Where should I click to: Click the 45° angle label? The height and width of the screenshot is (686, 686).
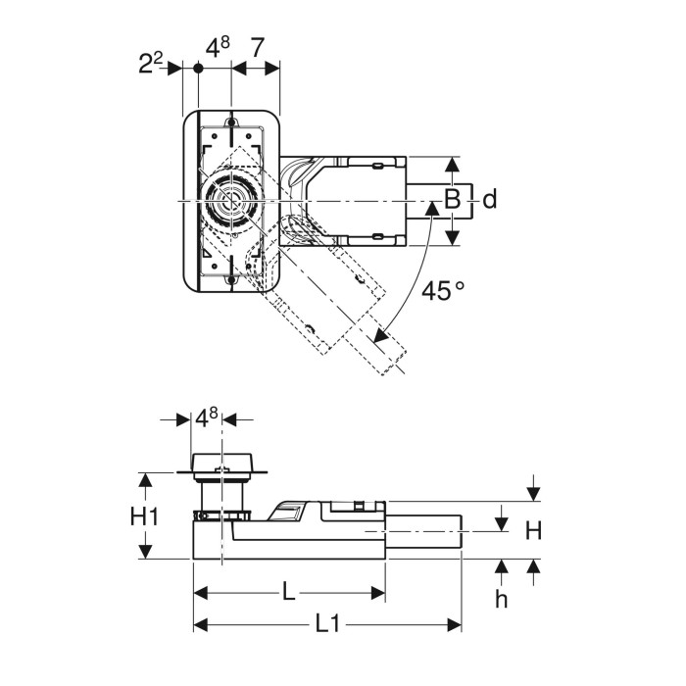[443, 290]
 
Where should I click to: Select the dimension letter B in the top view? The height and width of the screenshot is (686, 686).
[453, 200]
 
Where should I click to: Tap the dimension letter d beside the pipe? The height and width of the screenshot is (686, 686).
[490, 200]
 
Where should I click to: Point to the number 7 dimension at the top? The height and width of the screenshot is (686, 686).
[257, 48]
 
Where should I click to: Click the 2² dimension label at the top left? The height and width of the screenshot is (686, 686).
[151, 64]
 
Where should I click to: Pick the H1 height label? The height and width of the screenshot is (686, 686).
[144, 516]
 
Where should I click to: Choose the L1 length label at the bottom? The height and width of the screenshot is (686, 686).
[327, 625]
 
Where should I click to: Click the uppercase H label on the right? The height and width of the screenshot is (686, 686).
[533, 531]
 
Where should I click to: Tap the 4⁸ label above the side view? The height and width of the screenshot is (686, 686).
[206, 417]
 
